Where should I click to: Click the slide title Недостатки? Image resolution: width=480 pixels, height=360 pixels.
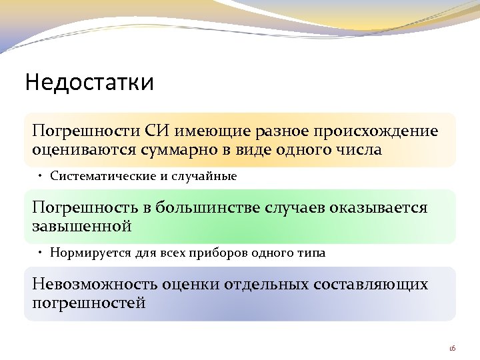tap(89, 83)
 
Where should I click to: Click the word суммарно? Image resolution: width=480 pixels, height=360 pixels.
tap(179, 149)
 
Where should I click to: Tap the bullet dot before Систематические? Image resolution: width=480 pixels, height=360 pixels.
tap(41, 177)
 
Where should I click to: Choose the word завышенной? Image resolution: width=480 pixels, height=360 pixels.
tap(82, 226)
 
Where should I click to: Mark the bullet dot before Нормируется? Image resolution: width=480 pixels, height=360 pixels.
tap(41, 254)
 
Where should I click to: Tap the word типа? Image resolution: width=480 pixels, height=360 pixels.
tap(313, 254)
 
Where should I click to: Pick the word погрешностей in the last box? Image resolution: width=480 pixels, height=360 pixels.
tap(89, 303)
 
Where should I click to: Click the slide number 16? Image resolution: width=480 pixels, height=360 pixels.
tap(451, 348)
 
